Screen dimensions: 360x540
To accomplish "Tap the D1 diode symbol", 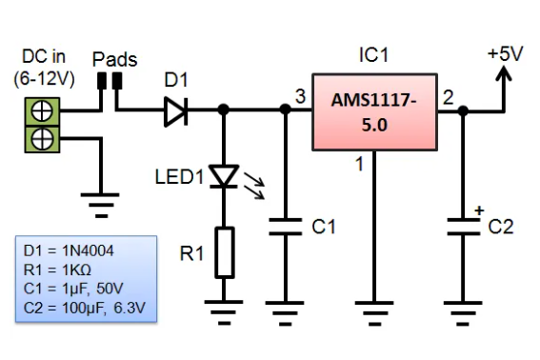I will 174,111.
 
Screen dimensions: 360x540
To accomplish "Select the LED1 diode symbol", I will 223,176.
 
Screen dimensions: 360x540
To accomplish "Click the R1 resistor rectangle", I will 224,251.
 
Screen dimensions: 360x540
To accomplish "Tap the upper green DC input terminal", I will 41,112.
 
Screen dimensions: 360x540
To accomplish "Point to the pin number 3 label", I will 300,97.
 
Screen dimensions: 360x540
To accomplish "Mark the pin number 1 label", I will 359,165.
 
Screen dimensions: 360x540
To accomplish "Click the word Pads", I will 114,59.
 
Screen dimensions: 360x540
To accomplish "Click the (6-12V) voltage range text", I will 41,80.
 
